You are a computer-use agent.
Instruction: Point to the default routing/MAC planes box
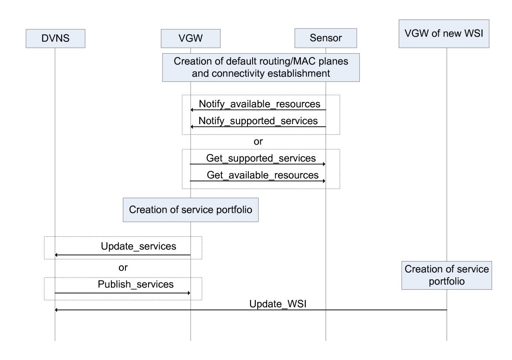260,67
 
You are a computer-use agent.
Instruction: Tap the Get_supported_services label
261,158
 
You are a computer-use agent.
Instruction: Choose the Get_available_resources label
262,174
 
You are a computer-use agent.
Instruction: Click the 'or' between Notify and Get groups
258,142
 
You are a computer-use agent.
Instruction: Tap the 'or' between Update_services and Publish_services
123,267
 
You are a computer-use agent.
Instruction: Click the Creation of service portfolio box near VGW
191,209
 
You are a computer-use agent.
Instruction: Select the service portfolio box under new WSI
447,276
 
